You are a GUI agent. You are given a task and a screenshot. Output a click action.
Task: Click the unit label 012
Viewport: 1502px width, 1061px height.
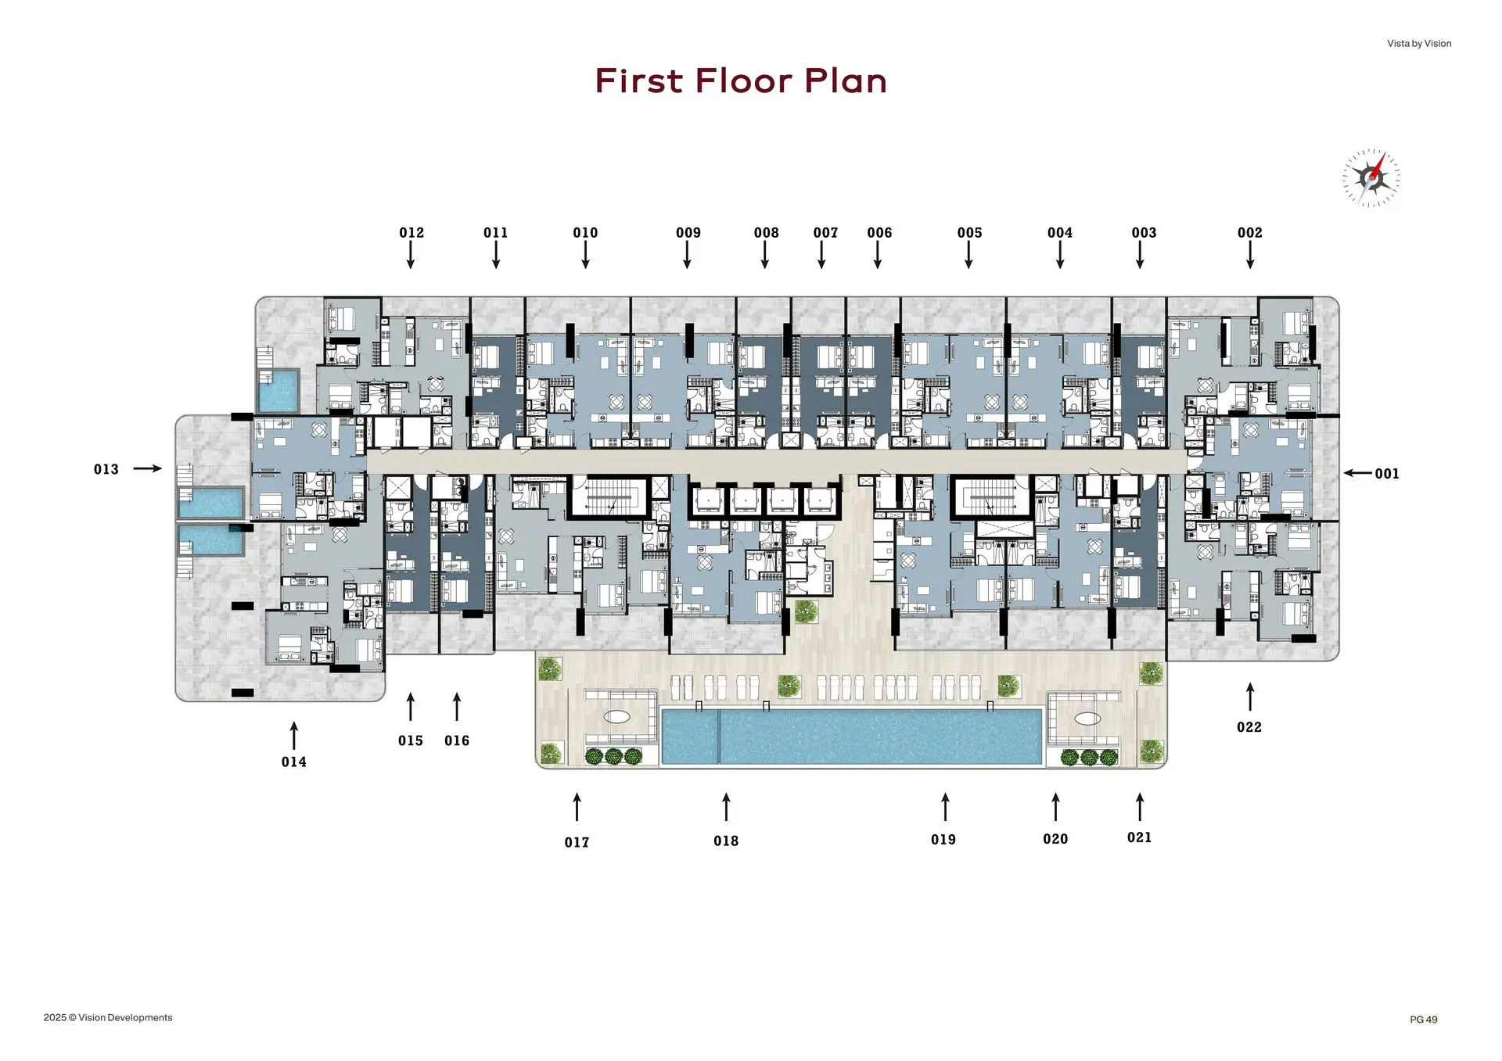click(x=411, y=233)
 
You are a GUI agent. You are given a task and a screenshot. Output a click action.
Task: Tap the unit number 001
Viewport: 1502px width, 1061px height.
click(x=1387, y=474)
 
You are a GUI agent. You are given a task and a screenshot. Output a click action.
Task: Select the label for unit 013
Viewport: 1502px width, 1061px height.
click(x=106, y=470)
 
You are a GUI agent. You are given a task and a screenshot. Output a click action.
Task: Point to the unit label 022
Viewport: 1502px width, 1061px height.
click(x=1249, y=727)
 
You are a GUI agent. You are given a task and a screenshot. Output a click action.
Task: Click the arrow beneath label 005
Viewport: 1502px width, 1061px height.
click(x=968, y=255)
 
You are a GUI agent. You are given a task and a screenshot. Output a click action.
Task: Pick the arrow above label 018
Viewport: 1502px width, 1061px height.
click(x=726, y=807)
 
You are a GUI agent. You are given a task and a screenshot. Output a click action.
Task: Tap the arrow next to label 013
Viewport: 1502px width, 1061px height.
click(x=148, y=468)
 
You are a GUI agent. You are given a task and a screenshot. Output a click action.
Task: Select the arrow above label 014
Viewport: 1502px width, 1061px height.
click(x=294, y=736)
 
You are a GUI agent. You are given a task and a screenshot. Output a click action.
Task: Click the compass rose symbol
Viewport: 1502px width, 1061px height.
click(x=1371, y=178)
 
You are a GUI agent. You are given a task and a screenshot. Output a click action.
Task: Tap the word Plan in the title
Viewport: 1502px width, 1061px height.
click(x=846, y=81)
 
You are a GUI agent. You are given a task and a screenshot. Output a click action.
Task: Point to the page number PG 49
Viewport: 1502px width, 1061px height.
click(x=1424, y=1020)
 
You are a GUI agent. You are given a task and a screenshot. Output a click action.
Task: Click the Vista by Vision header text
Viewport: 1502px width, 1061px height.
click(x=1419, y=44)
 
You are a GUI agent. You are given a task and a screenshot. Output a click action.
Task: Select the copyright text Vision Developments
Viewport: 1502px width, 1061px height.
click(x=125, y=1017)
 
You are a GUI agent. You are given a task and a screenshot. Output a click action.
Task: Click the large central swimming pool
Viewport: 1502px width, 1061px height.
click(x=852, y=736)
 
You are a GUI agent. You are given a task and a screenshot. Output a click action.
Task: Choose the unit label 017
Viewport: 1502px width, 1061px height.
click(x=577, y=842)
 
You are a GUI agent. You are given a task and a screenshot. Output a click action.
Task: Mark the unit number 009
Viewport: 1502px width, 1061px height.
click(x=688, y=233)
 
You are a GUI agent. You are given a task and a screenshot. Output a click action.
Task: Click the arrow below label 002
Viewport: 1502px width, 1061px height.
click(x=1250, y=255)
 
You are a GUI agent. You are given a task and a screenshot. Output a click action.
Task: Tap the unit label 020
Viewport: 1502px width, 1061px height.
click(x=1055, y=839)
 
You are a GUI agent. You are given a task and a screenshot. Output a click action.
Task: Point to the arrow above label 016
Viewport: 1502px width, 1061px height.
click(x=457, y=706)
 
